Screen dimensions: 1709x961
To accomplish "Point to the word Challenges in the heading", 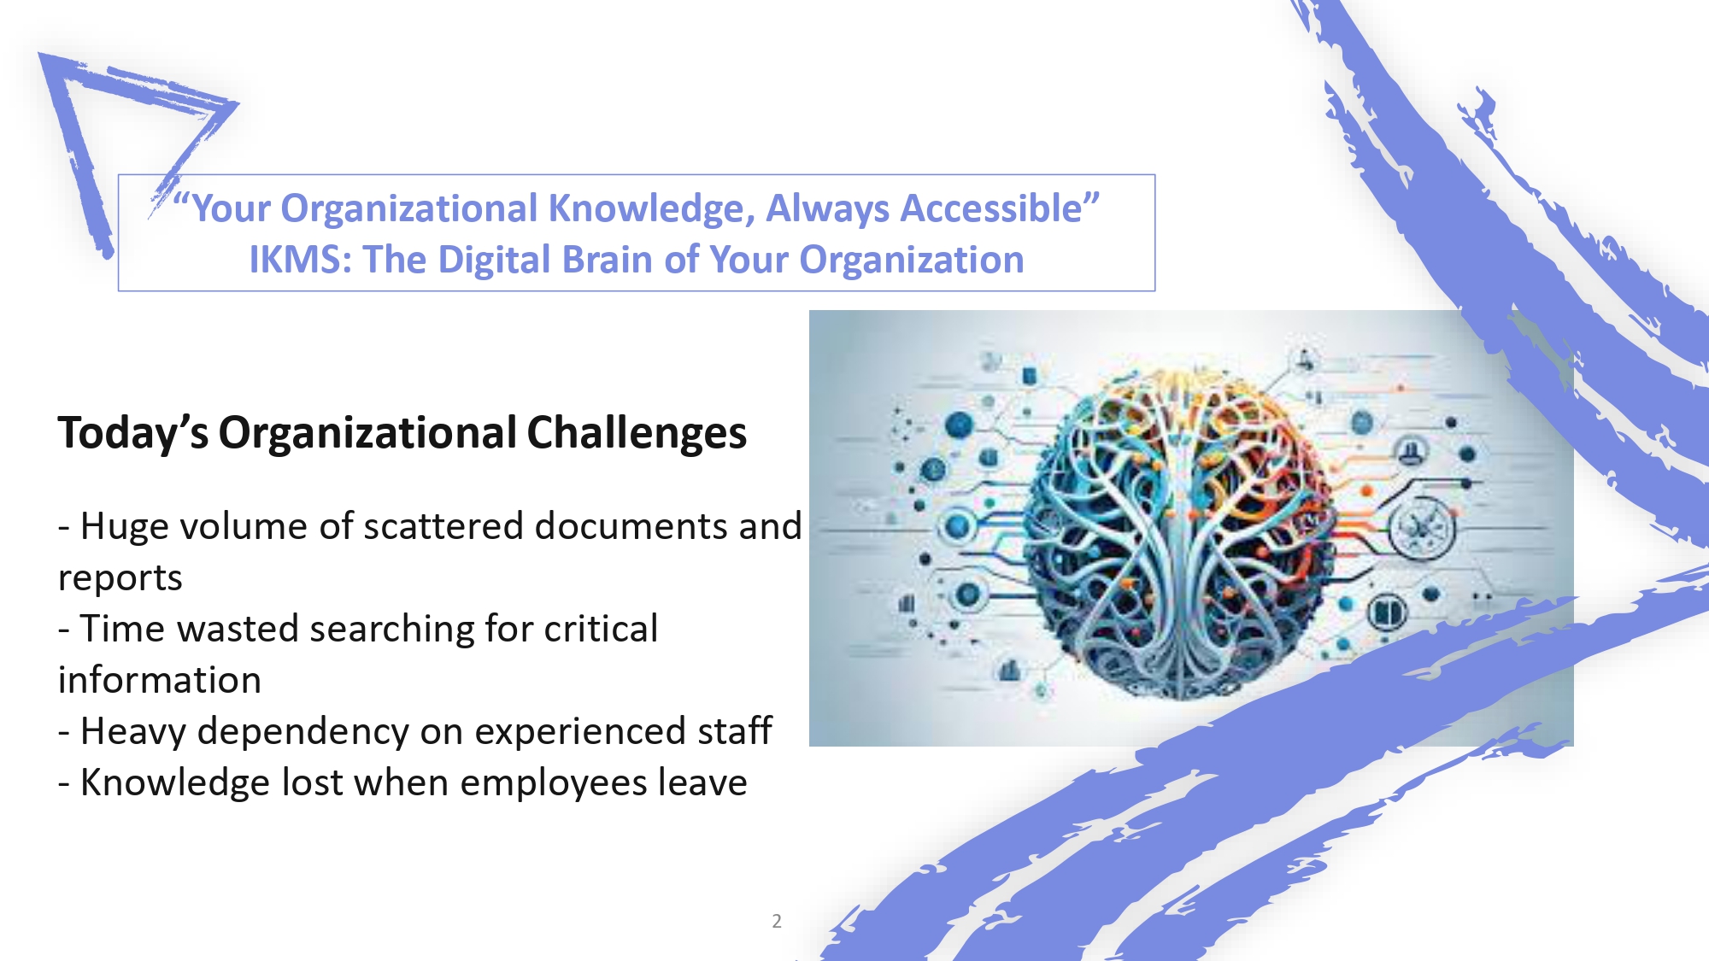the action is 637,434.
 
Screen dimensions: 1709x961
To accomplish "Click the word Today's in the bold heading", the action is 133,432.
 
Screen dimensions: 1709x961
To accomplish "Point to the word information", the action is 160,680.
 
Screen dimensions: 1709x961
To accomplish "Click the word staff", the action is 735,731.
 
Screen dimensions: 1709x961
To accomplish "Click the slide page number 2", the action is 777,921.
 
